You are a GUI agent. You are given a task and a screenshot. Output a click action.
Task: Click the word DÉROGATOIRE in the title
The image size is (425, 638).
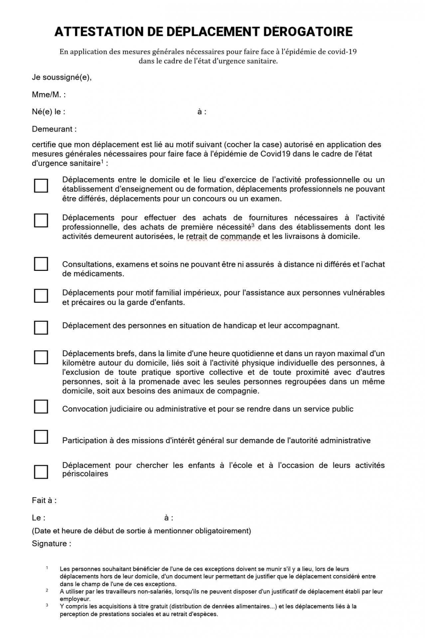[x=308, y=32]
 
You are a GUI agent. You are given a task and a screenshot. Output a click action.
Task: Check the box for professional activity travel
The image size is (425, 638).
[x=41, y=186]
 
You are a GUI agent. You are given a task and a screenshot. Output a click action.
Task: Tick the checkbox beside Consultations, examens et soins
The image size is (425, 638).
[x=41, y=264]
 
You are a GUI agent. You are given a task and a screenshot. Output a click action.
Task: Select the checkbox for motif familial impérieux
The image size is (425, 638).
[x=41, y=296]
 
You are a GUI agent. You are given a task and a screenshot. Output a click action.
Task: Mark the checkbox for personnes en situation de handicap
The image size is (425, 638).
[x=41, y=328]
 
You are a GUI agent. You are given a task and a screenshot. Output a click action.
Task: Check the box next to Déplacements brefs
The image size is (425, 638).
[x=41, y=357]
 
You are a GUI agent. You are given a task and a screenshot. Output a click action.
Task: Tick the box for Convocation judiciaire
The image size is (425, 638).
[x=41, y=406]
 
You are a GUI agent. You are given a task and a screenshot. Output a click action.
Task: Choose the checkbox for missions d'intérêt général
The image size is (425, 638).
[x=41, y=437]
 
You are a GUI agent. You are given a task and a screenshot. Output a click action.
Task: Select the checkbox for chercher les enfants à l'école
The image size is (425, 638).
[x=41, y=472]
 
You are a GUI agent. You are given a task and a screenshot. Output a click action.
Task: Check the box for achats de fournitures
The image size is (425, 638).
[x=41, y=220]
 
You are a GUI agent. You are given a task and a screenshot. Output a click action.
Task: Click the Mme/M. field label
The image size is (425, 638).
[x=49, y=95]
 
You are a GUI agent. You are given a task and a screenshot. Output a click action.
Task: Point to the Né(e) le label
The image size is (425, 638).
[x=49, y=112]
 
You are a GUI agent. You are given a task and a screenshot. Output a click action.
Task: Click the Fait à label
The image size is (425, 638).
[x=44, y=500]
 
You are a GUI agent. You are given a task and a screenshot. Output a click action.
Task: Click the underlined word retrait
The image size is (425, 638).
[x=197, y=237]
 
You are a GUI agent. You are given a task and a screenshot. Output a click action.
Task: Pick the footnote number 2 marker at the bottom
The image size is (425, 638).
[x=47, y=590]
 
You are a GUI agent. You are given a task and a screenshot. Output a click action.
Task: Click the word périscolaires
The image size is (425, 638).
[x=85, y=474]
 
